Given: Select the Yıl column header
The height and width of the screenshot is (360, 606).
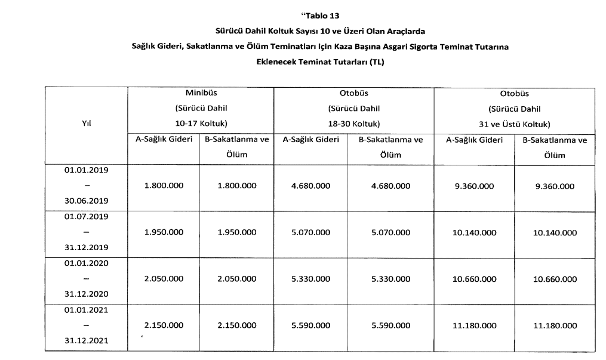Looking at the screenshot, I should (86, 124).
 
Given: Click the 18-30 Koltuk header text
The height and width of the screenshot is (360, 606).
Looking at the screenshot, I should (354, 124).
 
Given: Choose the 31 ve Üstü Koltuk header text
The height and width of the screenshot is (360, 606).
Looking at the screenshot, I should (514, 124).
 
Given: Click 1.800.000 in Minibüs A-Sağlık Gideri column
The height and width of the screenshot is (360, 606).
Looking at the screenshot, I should (164, 186).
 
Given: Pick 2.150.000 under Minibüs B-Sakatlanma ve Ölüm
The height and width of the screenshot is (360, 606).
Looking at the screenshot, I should (236, 325).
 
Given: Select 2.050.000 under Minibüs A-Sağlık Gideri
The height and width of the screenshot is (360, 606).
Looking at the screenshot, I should (164, 279).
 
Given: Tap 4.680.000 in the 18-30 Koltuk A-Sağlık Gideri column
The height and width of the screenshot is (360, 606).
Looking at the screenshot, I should (310, 186).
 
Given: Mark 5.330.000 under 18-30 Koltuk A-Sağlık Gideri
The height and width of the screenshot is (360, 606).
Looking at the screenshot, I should (310, 279).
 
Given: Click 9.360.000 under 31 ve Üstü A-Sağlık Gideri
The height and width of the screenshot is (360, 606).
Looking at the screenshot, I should (474, 186).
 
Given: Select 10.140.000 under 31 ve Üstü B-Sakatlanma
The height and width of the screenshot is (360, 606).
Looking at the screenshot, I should (555, 232).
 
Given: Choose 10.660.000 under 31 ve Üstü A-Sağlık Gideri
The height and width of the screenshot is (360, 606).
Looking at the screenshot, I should (474, 279).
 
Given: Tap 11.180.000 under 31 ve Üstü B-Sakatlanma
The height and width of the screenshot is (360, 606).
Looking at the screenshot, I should (555, 325).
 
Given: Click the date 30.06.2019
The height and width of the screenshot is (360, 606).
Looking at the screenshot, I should (86, 201).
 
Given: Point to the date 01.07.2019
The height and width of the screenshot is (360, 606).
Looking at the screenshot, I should (86, 216).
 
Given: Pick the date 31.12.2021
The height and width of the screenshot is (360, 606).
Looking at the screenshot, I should (86, 341).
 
